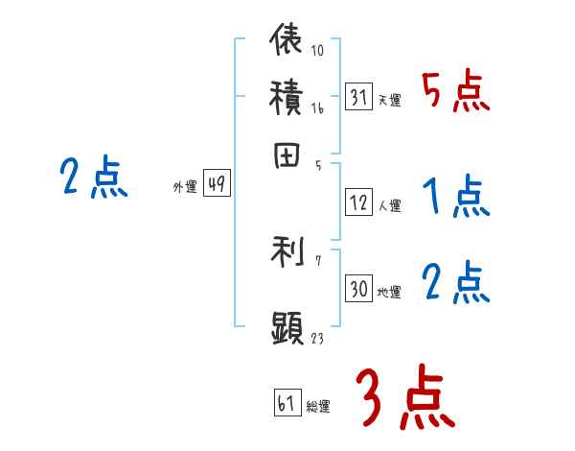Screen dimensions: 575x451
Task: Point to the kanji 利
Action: click(x=287, y=252)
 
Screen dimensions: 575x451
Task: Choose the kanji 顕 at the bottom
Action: click(x=287, y=327)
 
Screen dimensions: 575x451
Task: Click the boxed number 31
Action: click(x=358, y=96)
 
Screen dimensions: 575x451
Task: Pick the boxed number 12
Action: click(x=358, y=202)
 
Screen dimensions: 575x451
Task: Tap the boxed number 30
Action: click(x=358, y=290)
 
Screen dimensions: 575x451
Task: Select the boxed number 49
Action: click(x=217, y=185)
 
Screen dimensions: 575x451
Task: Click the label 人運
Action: click(x=390, y=205)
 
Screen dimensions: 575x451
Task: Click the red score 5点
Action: click(x=456, y=91)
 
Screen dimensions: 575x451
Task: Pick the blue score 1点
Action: click(x=456, y=198)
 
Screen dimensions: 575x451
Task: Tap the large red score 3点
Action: click(x=402, y=395)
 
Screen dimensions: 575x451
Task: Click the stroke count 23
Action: click(x=316, y=338)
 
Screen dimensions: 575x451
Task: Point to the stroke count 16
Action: click(x=317, y=109)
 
